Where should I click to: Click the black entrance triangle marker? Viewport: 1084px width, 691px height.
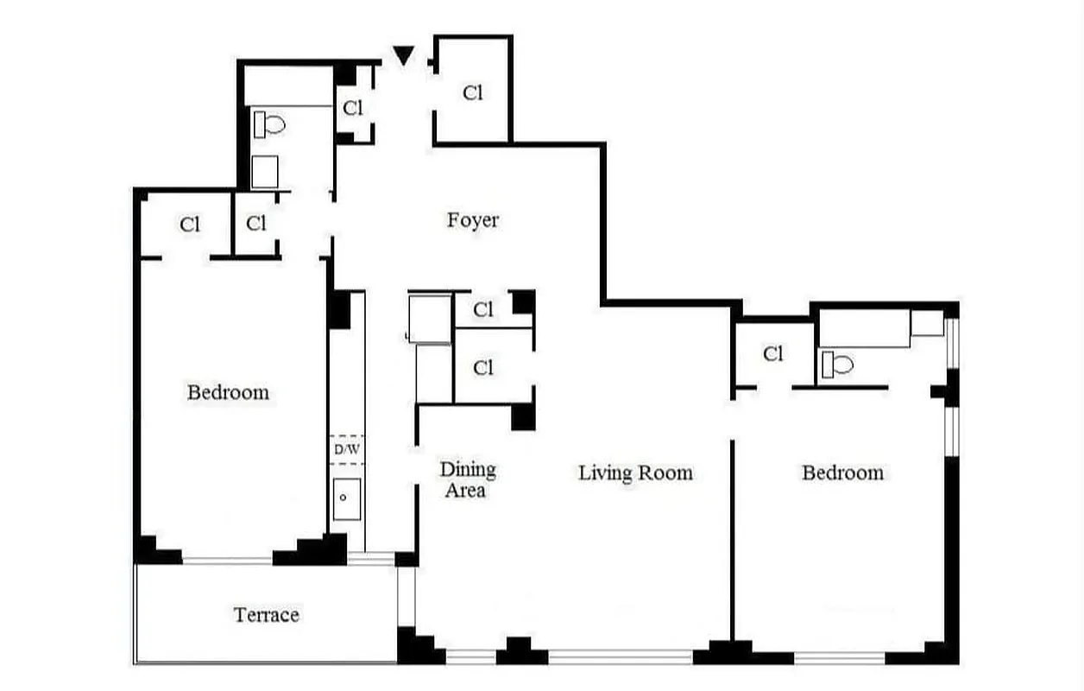pos(403,55)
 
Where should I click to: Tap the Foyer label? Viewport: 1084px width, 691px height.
pos(472,220)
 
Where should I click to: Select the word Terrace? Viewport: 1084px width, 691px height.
pos(267,615)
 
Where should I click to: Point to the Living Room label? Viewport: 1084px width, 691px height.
pos(635,472)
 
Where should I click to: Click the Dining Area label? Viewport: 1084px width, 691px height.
pos(467,480)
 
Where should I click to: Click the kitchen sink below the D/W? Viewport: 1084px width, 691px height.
pos(346,498)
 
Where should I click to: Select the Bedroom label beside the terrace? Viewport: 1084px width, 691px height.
pos(228,392)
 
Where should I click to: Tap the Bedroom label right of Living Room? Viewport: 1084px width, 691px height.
pos(842,472)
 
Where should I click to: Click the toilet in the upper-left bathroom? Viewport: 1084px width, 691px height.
pos(269,125)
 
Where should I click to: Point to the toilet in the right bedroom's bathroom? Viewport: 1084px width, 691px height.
pos(837,365)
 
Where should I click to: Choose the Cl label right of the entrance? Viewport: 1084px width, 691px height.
pos(472,93)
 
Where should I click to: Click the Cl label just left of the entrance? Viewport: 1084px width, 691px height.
pos(353,108)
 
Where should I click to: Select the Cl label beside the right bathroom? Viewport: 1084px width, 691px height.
pos(772,353)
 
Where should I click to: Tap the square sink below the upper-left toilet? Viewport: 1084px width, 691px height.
pos(265,171)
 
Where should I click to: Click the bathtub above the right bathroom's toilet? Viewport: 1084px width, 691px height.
pos(864,329)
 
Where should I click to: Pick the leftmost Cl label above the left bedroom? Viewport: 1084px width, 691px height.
pos(190,225)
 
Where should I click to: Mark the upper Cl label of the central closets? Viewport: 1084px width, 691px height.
pos(483,309)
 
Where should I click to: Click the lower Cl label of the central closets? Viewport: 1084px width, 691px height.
pos(483,368)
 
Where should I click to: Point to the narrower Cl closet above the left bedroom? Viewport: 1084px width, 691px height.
pos(256,225)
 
